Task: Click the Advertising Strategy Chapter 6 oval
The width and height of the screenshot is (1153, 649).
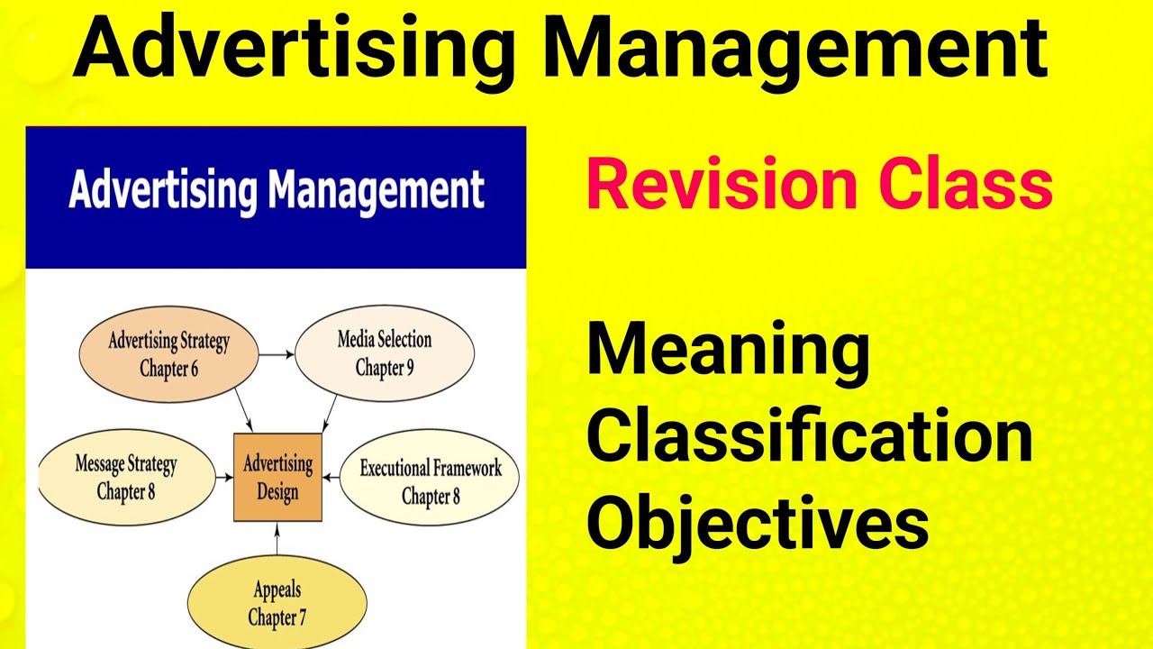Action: [168, 354]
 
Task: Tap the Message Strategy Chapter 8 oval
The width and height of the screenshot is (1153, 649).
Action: [126, 478]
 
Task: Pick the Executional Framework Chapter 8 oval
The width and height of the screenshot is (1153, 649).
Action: [431, 481]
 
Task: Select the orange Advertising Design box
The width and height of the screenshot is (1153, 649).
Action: [277, 478]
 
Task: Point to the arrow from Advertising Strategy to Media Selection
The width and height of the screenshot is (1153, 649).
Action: [277, 354]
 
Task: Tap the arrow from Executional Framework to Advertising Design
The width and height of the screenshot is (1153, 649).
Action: [331, 477]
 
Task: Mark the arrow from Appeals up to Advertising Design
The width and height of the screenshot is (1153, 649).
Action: [277, 536]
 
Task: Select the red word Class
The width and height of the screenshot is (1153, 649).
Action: [962, 185]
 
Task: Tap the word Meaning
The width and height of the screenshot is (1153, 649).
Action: [728, 352]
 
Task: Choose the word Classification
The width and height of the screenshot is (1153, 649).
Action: [809, 436]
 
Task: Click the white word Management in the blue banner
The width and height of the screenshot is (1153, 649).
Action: [377, 191]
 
